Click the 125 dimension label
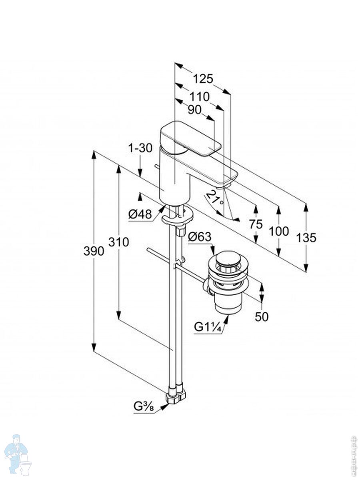203,79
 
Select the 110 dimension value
199,96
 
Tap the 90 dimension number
194,110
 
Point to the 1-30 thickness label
140,148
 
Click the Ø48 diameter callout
140,215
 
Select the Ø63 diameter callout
199,237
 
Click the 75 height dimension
256,224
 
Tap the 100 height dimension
278,231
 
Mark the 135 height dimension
306,238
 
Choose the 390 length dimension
94,251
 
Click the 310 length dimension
118,242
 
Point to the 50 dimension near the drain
262,316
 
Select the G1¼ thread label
208,327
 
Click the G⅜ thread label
144,408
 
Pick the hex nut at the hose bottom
176,396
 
